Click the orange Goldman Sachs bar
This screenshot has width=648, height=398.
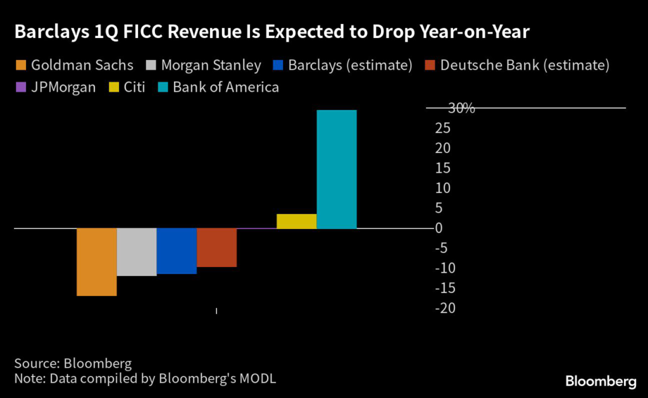click(97, 261)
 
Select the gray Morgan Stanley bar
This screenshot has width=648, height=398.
click(137, 252)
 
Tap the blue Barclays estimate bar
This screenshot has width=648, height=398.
click(177, 251)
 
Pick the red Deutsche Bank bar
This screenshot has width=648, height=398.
click(216, 247)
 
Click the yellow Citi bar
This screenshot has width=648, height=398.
click(296, 221)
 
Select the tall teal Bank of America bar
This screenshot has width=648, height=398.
click(337, 169)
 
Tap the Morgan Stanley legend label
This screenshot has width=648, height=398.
click(211, 65)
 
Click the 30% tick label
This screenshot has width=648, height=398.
click(461, 109)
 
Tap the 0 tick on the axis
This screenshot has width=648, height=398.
click(439, 228)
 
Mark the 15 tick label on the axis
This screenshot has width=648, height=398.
click(442, 168)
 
